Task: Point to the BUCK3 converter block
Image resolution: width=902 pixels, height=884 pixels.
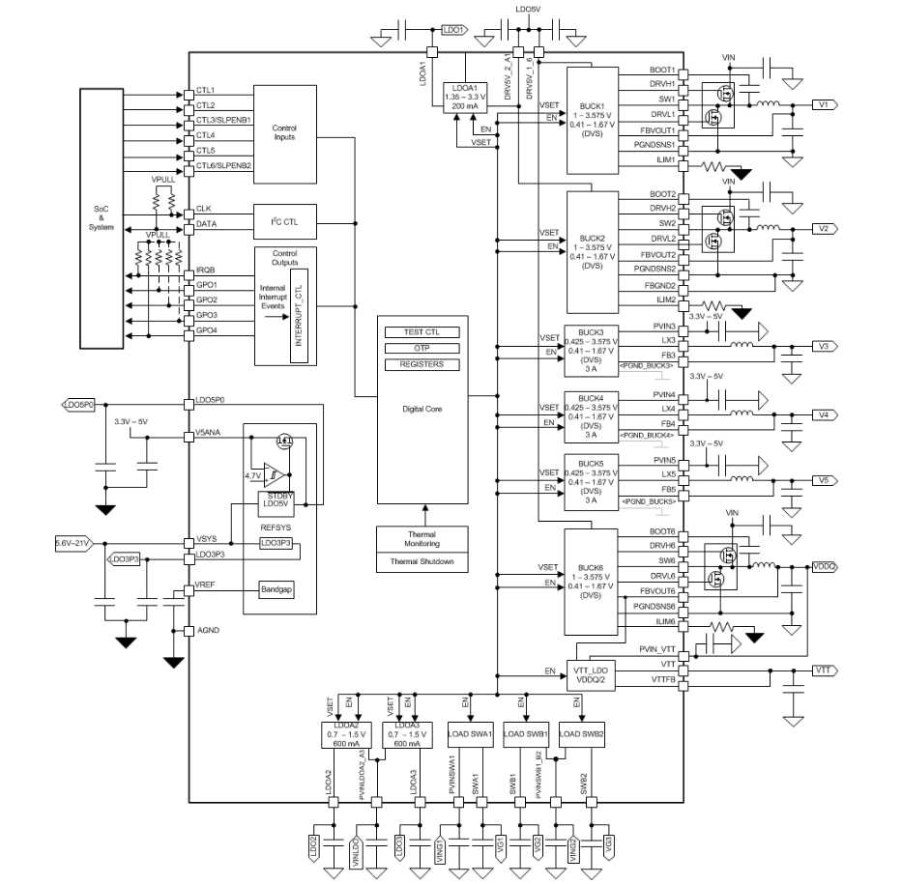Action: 591,351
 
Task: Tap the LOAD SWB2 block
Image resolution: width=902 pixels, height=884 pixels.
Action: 581,733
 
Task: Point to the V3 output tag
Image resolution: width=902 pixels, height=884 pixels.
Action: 824,346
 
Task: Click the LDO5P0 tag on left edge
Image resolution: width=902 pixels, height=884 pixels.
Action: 78,404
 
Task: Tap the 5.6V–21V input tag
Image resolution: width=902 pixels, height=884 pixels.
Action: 73,544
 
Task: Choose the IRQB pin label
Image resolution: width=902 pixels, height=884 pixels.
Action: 206,270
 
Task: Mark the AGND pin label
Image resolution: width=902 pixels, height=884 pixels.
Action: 207,631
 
